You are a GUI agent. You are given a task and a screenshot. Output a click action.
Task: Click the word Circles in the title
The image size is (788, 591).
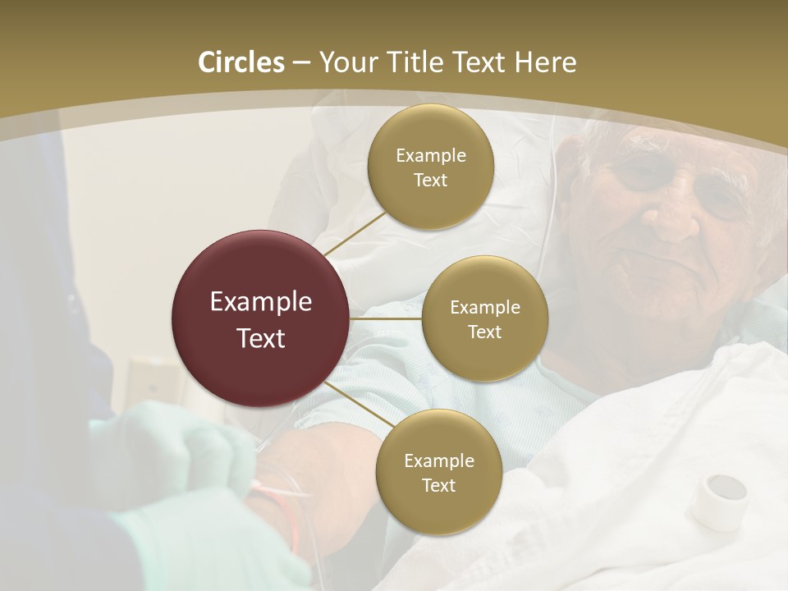click(241, 62)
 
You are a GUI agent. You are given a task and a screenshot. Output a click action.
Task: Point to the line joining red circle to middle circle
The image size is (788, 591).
click(386, 318)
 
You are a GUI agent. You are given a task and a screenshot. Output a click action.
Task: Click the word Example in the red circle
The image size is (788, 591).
click(261, 302)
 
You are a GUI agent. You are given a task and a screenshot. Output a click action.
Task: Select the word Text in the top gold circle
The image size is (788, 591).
click(430, 181)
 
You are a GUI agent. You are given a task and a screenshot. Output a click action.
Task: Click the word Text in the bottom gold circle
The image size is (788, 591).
click(438, 486)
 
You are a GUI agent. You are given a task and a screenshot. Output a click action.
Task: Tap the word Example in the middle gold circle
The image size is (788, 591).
click(484, 308)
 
